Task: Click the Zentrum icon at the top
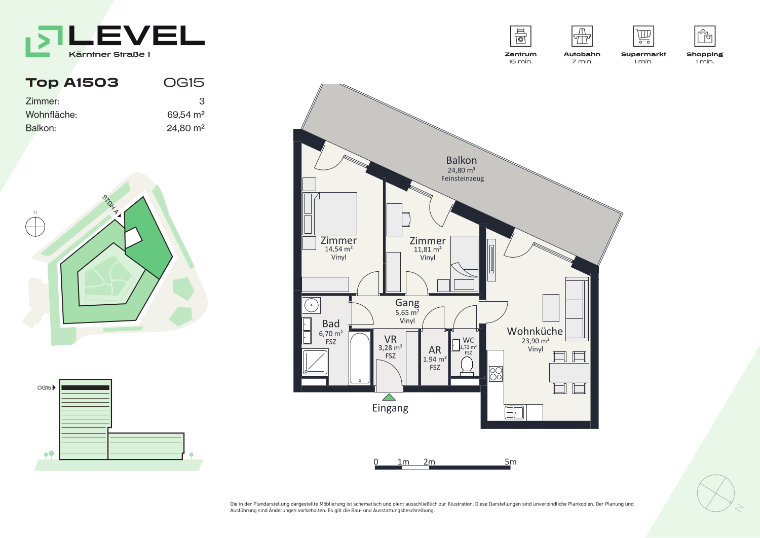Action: [520, 36]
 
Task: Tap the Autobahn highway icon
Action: [582, 36]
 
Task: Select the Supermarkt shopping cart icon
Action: [643, 36]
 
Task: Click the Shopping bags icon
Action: [705, 36]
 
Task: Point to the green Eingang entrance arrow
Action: [389, 397]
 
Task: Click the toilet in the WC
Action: [467, 367]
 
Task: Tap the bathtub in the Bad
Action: [360, 358]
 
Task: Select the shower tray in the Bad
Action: [315, 362]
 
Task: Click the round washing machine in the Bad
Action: [311, 305]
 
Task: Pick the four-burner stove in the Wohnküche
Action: [496, 374]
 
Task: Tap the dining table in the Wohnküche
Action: [569, 373]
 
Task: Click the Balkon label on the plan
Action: [462, 160]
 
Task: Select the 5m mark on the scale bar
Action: [510, 461]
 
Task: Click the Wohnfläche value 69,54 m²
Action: [185, 115]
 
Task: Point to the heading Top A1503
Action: [72, 83]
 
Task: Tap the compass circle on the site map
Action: [35, 227]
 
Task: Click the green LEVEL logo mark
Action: [44, 41]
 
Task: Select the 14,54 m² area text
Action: [338, 249]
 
